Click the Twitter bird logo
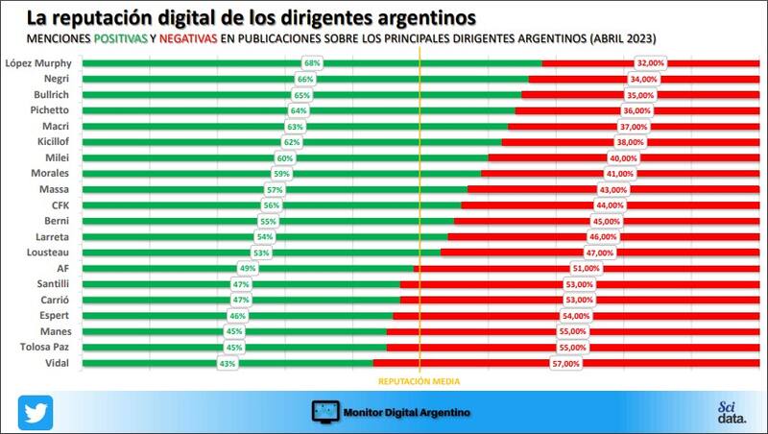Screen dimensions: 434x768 tap(35, 412)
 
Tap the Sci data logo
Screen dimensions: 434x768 tap(731, 412)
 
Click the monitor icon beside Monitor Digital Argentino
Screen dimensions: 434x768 tap(325, 412)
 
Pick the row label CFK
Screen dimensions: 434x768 tap(60, 205)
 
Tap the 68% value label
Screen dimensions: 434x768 tap(312, 63)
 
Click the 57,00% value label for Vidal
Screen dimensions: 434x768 tap(565, 364)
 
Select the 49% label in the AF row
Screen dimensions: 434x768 tap(247, 269)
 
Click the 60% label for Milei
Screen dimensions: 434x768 tap(284, 158)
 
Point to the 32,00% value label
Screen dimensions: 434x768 tap(651, 63)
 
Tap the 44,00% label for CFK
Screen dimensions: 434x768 tap(611, 205)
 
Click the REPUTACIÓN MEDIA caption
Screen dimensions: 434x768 tap(420, 381)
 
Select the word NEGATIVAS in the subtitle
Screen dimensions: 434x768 tap(188, 37)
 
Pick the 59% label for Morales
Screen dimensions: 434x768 tap(281, 174)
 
